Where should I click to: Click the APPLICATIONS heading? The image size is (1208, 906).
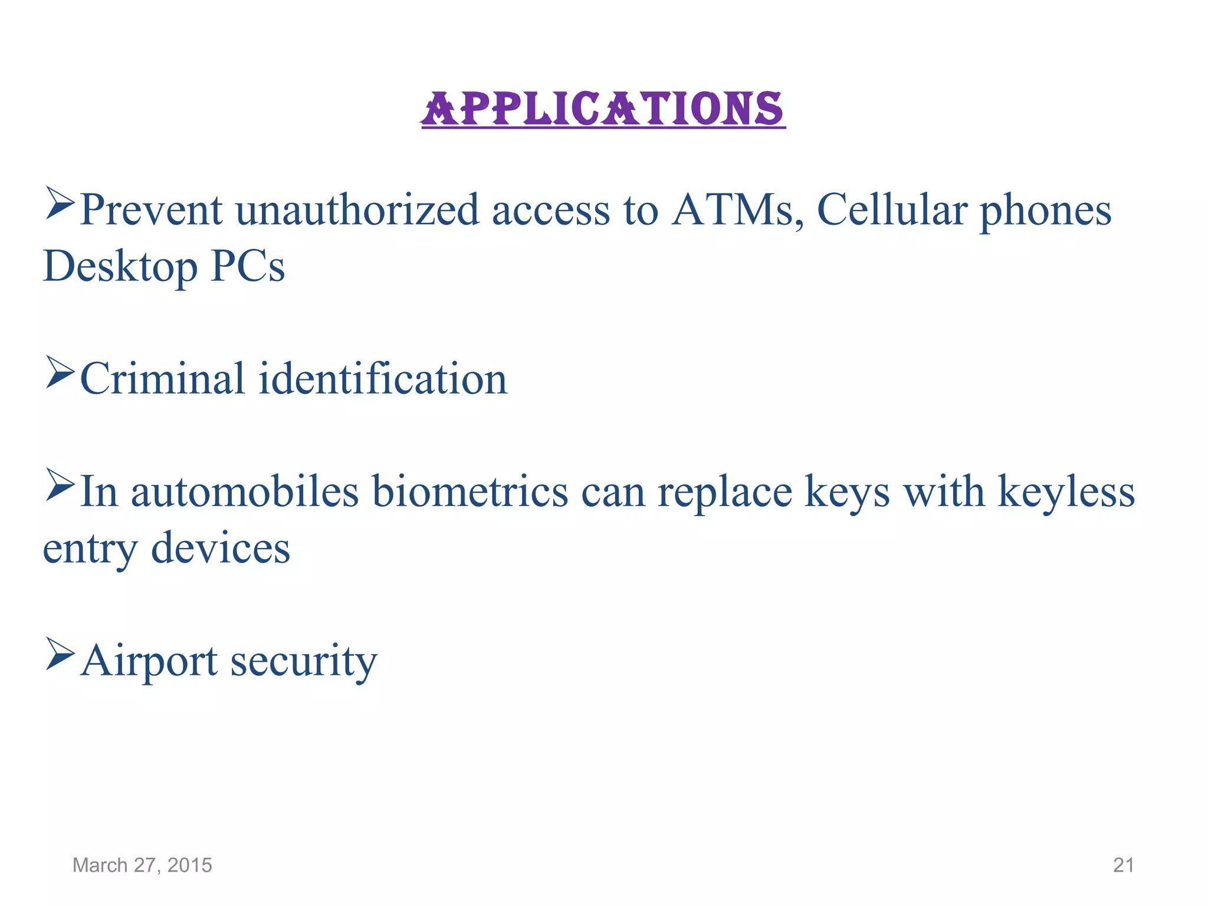(603, 109)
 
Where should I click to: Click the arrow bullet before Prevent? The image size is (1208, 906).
(60, 203)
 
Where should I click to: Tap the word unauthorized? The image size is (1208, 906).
(357, 211)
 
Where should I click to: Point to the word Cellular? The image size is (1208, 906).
(892, 211)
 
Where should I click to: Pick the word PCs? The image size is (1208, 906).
(248, 267)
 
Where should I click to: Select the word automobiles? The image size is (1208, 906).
(244, 492)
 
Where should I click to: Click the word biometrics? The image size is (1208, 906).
(470, 492)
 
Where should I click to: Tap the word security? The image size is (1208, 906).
(303, 662)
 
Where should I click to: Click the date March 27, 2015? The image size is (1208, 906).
(142, 865)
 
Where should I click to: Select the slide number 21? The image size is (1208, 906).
(1123, 865)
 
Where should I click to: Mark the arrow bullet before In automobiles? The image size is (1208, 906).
(60, 484)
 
